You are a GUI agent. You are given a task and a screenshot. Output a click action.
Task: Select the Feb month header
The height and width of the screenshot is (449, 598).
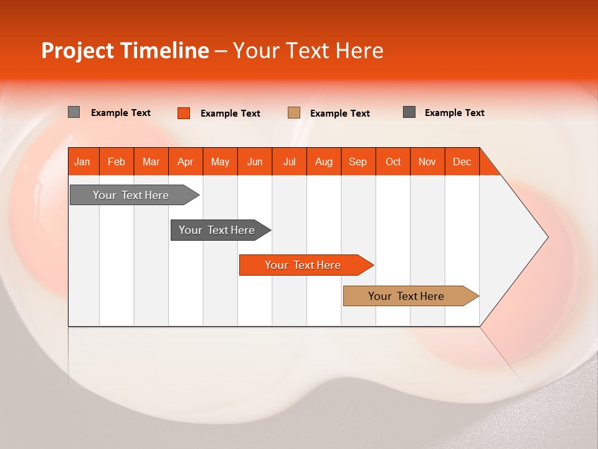[116, 162]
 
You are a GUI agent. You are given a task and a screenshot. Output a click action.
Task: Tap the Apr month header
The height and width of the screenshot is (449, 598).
[186, 162]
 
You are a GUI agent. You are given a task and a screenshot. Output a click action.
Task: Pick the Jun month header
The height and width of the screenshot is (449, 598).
[255, 162]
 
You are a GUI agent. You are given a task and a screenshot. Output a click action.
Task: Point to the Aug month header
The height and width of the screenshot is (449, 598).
[324, 162]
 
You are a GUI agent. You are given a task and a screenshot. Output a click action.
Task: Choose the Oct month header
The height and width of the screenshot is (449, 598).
[393, 162]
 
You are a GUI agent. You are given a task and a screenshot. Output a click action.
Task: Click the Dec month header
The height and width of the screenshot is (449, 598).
[462, 162]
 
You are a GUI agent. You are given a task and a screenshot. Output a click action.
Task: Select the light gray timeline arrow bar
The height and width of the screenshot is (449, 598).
[135, 195]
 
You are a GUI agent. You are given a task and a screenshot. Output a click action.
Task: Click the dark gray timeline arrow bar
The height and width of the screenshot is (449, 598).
[221, 230]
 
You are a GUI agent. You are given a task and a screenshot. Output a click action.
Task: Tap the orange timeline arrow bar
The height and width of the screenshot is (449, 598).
[306, 265]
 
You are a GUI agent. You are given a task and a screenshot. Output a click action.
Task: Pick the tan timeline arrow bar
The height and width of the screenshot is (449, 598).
[411, 296]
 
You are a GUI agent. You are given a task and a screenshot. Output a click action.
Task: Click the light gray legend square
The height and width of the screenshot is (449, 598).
[74, 112]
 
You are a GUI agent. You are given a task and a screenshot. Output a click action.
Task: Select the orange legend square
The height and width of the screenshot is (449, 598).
[184, 113]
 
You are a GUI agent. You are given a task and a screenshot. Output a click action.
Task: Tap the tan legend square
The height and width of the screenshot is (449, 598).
[293, 113]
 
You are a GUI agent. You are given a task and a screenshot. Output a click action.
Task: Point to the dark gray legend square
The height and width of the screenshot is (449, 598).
[409, 112]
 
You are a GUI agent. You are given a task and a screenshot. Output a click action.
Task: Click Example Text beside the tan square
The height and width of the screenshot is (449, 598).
[340, 113]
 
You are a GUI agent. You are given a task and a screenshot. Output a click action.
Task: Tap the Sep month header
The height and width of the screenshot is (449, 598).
[358, 162]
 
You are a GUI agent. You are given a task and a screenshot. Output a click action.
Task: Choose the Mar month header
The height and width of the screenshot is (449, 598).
[151, 162]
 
